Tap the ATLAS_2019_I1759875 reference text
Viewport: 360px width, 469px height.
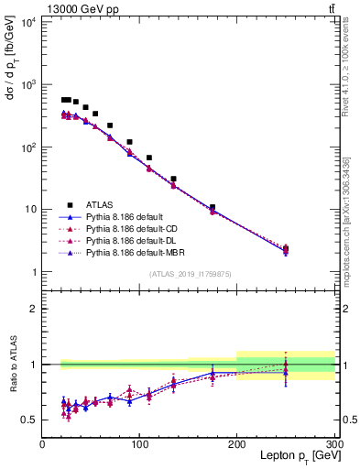[190, 273]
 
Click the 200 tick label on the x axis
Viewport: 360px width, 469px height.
[237, 444]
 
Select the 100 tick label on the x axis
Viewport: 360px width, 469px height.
[140, 444]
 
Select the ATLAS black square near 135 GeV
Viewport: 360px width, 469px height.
[174, 180]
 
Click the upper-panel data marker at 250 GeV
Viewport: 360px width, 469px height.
[286, 249]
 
